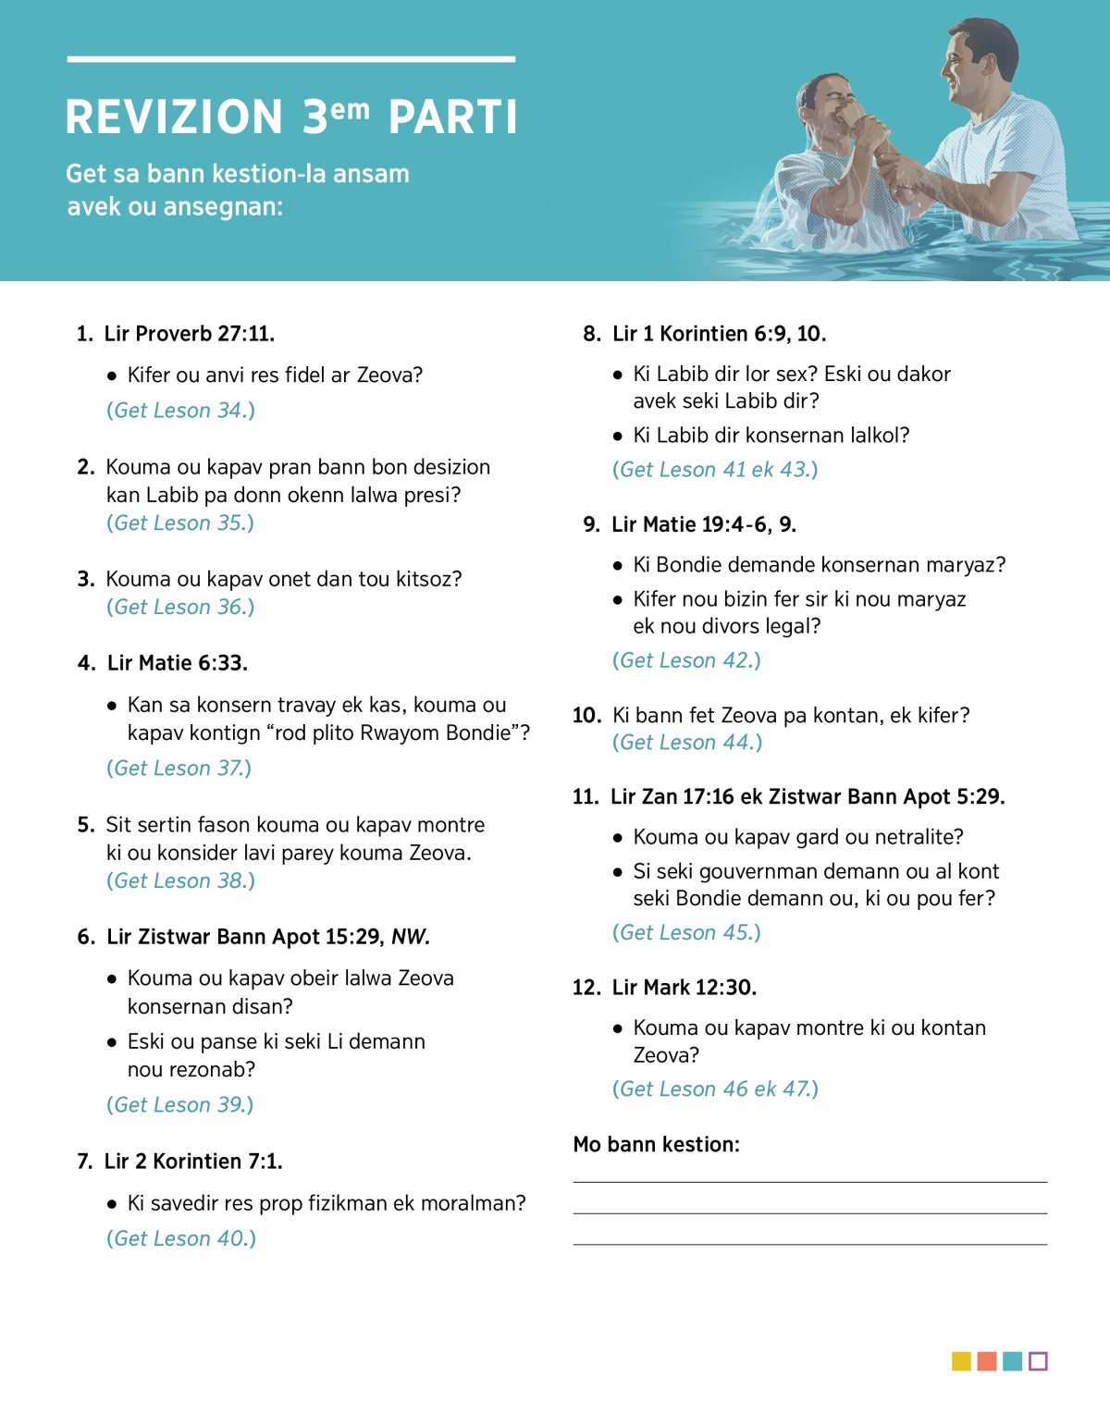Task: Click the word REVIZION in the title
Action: pos(174,117)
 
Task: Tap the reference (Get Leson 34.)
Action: pos(180,411)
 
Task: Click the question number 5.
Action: pos(85,825)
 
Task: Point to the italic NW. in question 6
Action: pos(411,937)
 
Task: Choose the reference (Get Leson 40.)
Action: pos(181,1238)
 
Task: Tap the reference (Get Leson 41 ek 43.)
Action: pos(715,470)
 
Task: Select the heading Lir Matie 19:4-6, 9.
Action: pos(703,525)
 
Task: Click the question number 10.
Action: pos(586,716)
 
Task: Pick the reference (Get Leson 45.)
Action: pos(686,933)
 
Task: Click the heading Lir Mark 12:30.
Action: pos(684,988)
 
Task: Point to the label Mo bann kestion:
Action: pos(657,1145)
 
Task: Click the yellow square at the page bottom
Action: pos(961,1361)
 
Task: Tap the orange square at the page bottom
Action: pos(987,1361)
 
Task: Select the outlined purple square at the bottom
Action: pos(1038,1361)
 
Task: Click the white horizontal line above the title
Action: pos(290,59)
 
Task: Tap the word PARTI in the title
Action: pos(452,117)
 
